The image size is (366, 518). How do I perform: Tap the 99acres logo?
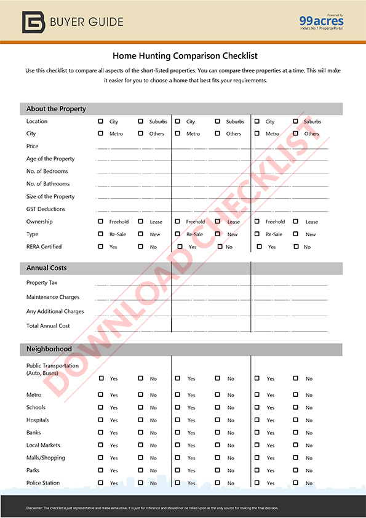322,22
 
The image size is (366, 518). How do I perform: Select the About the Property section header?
56,109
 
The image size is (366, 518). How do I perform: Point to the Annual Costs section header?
47,268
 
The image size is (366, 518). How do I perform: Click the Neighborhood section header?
49,349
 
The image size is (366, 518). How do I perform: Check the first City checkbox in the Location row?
101,121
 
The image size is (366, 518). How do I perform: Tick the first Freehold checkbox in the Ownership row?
101,221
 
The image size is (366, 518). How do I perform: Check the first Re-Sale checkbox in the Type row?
101,234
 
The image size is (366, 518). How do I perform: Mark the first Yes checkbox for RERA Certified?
101,247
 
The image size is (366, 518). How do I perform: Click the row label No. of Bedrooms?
47,171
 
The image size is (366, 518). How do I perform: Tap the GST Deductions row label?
46,209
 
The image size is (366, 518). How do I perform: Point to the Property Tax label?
42,283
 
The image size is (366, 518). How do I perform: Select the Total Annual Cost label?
48,325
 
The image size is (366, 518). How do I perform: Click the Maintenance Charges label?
53,297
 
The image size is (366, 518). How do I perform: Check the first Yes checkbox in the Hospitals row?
101,420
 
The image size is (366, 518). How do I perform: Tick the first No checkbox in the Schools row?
141,407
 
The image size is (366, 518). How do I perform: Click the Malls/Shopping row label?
46,458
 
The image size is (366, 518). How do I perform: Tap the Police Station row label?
43,483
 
